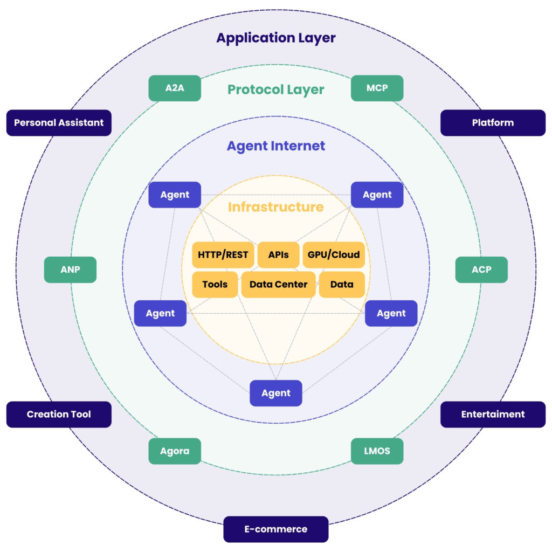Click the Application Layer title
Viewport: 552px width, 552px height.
tap(276, 38)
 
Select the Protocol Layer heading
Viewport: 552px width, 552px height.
tap(276, 89)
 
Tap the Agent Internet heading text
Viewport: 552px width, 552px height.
tap(276, 146)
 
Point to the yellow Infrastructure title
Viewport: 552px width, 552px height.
tap(276, 207)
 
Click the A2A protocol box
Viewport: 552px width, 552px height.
tap(175, 88)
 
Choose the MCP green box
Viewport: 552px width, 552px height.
tap(377, 88)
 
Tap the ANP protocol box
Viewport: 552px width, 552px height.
tap(70, 270)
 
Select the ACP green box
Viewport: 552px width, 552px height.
tap(481, 270)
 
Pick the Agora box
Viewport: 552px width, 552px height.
tap(175, 451)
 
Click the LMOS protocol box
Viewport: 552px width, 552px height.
tap(377, 451)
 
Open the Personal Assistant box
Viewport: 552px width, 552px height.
tap(59, 123)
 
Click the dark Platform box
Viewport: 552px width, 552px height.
tap(493, 123)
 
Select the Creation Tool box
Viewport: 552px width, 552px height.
tap(59, 415)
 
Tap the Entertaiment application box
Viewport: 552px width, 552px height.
tap(493, 415)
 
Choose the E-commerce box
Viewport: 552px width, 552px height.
tap(276, 529)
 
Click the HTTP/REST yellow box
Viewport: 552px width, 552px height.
tap(223, 255)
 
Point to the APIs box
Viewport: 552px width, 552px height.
tap(278, 255)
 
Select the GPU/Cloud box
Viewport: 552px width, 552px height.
tap(334, 255)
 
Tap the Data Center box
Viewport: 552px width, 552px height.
tap(278, 285)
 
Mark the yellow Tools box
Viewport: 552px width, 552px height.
tap(215, 285)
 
